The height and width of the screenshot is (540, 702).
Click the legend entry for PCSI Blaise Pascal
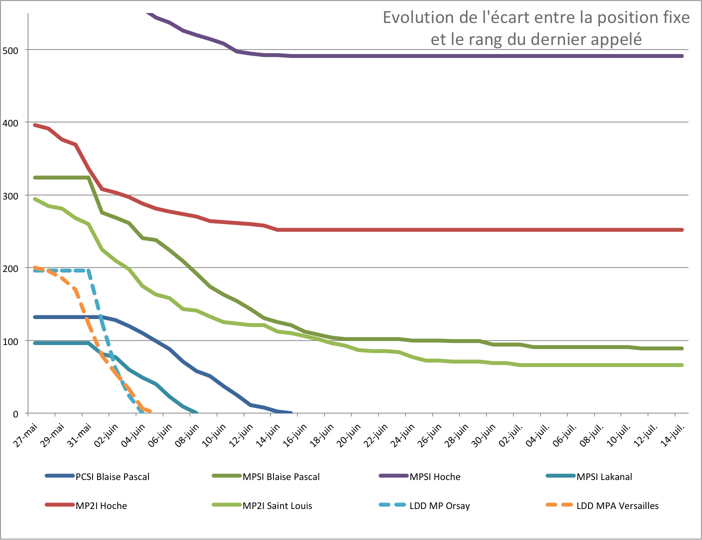click(112, 476)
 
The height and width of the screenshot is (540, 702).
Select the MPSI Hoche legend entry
click(434, 476)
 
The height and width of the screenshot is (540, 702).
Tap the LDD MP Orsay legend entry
click(439, 505)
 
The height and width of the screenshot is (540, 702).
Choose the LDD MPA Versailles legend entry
click(617, 505)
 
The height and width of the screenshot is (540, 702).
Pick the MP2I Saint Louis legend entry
click(277, 505)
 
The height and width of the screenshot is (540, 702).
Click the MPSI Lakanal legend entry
click(604, 476)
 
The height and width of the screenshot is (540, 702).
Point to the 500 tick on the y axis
click(10, 50)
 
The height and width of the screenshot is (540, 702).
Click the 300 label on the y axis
click(10, 195)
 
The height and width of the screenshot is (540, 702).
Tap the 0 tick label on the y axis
click(15, 414)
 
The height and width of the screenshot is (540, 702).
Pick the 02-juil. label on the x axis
click(511, 435)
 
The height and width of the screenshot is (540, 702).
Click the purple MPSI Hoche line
click(450, 56)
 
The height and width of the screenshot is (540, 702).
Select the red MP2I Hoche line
click(450, 230)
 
